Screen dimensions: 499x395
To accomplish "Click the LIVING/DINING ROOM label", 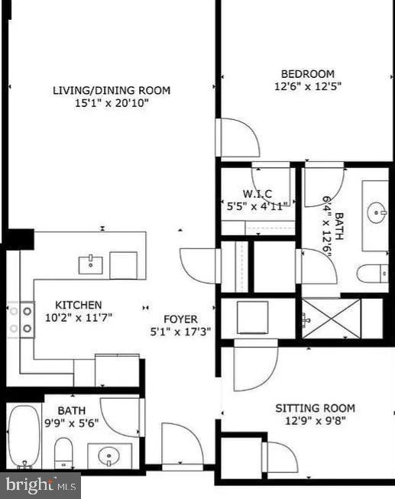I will pos(112,90).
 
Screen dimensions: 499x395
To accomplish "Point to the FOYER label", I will pos(180,319).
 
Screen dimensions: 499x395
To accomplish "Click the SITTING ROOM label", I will pos(315,409).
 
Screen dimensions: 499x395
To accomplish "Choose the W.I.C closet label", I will pos(257,194).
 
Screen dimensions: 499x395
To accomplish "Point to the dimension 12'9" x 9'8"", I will pos(315,421).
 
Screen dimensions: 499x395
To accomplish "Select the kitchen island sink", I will pos(92,264).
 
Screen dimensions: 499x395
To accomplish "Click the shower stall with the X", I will pos(330,317).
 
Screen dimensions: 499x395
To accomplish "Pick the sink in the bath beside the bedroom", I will pos(376,213).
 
